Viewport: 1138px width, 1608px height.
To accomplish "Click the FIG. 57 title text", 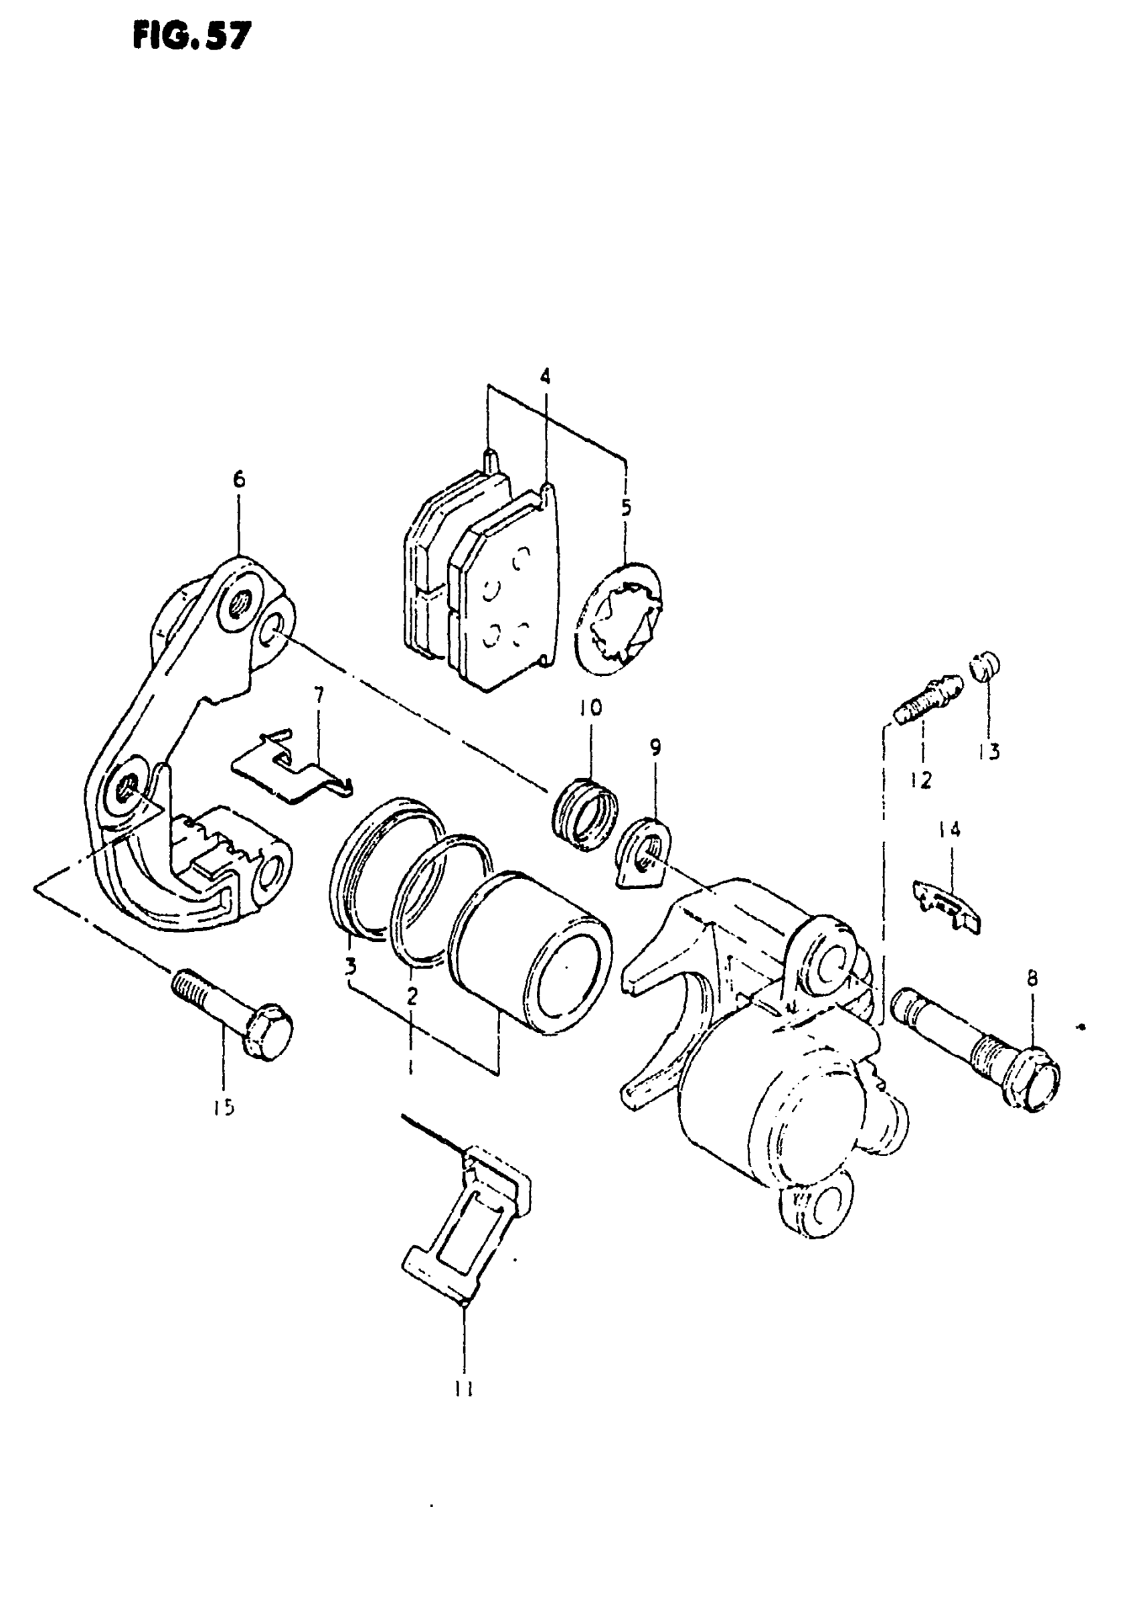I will coord(191,36).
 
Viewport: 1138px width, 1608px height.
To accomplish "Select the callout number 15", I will coord(224,1108).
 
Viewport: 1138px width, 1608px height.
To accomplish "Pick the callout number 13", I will coord(989,752).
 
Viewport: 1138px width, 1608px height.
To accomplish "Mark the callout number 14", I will coord(949,831).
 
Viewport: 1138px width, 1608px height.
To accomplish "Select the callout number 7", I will coord(319,696).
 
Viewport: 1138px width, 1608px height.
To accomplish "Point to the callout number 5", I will coord(626,507).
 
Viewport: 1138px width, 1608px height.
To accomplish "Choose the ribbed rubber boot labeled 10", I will coord(586,814).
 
